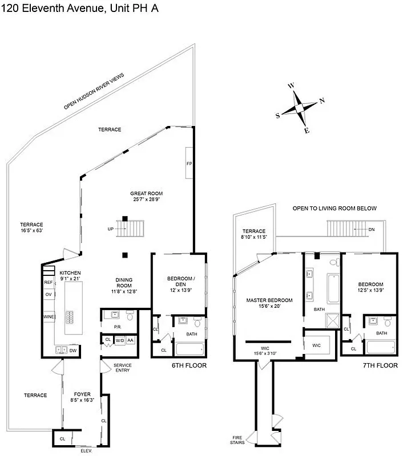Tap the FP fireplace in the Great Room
pyautogui.click(x=189, y=164)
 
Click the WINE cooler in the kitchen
pyautogui.click(x=48, y=317)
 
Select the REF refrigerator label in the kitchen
pyautogui.click(x=48, y=282)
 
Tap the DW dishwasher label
pyautogui.click(x=73, y=351)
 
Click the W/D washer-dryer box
pyautogui.click(x=120, y=340)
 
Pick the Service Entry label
pyautogui.click(x=122, y=368)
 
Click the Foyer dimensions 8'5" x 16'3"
pyautogui.click(x=82, y=401)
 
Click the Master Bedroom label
pyautogui.click(x=269, y=300)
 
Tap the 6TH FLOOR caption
pyautogui.click(x=188, y=365)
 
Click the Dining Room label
pyautogui.click(x=124, y=283)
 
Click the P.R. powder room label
pyautogui.click(x=117, y=327)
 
